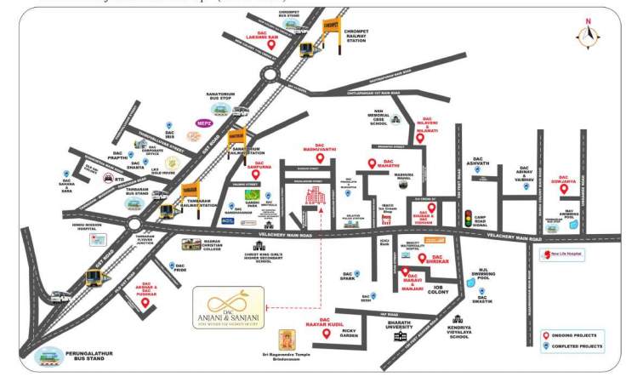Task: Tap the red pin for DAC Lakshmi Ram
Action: [271, 44]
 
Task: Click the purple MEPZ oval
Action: [204, 123]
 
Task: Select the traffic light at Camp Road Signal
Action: [466, 218]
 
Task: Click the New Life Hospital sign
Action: [566, 253]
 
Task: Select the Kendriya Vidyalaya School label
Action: [459, 330]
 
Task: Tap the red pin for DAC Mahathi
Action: [371, 163]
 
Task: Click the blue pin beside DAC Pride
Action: [173, 266]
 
